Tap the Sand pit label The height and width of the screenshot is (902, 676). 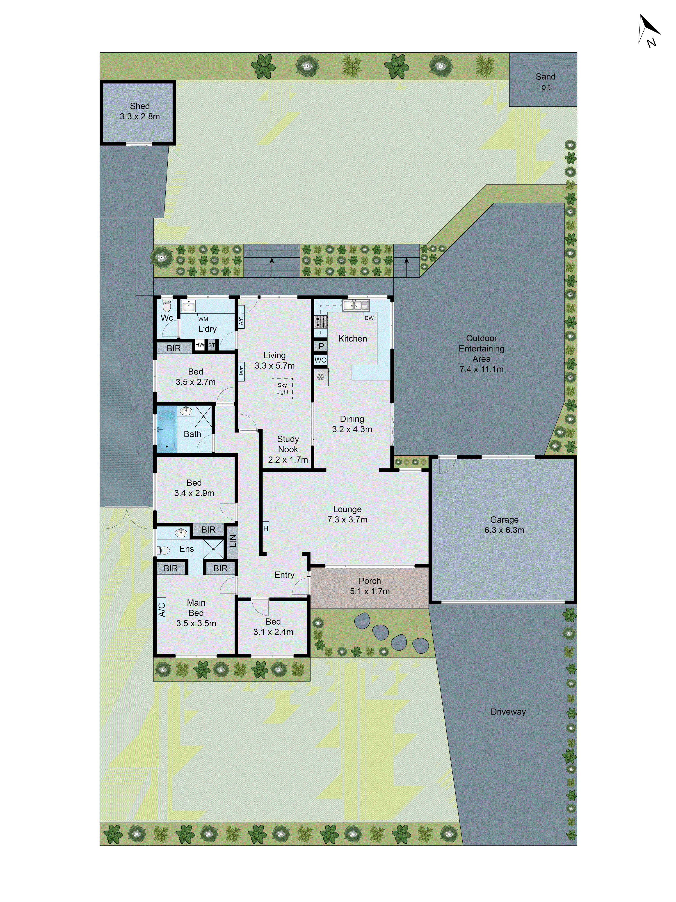(545, 82)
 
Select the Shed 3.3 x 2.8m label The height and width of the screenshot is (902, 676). (140, 111)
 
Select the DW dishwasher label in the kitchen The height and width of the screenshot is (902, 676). (369, 318)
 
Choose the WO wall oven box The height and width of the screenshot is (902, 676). (320, 360)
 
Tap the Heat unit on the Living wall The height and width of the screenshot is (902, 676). (241, 371)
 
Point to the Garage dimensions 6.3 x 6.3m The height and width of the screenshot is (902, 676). (504, 530)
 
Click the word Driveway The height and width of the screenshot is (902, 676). (508, 712)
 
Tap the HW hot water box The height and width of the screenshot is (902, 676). (200, 345)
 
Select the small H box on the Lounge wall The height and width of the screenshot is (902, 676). (266, 528)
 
